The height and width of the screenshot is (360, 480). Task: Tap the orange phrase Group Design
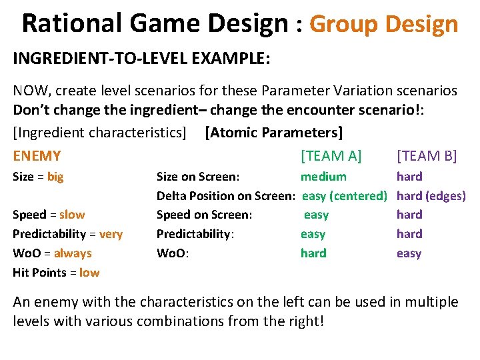(384, 24)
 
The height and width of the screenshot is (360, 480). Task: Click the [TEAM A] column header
(331, 156)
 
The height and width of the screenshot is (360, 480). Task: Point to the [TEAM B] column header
(427, 156)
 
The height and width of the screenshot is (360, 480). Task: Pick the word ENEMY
(37, 156)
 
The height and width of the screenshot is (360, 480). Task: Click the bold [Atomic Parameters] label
(275, 133)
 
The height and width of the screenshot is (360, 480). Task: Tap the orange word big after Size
(55, 177)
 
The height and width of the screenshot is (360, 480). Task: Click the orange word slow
(72, 215)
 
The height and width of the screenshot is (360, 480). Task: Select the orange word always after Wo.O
(73, 253)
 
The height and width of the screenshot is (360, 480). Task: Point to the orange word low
(89, 273)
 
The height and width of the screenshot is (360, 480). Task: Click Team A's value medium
(323, 177)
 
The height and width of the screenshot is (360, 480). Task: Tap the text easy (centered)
(345, 196)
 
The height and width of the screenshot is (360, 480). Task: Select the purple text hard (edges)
(431, 196)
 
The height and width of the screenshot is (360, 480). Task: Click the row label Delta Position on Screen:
(226, 196)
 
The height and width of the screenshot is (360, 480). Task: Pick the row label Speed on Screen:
(204, 215)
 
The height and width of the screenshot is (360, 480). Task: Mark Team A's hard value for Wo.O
(313, 253)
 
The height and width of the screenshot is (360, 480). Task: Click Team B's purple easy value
(409, 253)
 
